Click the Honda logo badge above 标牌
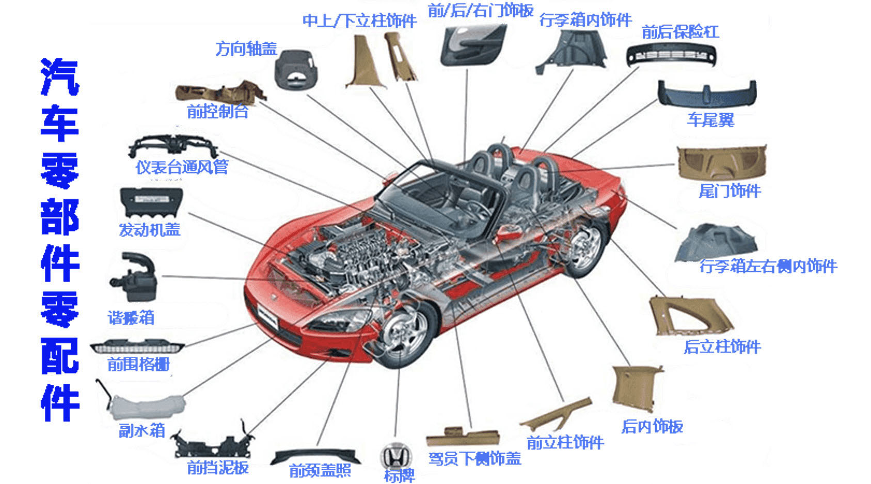pos(396,457)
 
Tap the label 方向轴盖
pos(246,49)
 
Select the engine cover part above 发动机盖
pos(151,202)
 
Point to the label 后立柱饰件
pos(722,347)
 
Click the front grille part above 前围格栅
pos(137,346)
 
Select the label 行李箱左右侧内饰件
pos(768,267)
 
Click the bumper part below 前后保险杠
pos(671,55)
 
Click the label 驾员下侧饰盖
pos(474,458)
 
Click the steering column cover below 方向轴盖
pos(295,70)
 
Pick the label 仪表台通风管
pos(182,167)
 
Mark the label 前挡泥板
pos(217,467)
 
